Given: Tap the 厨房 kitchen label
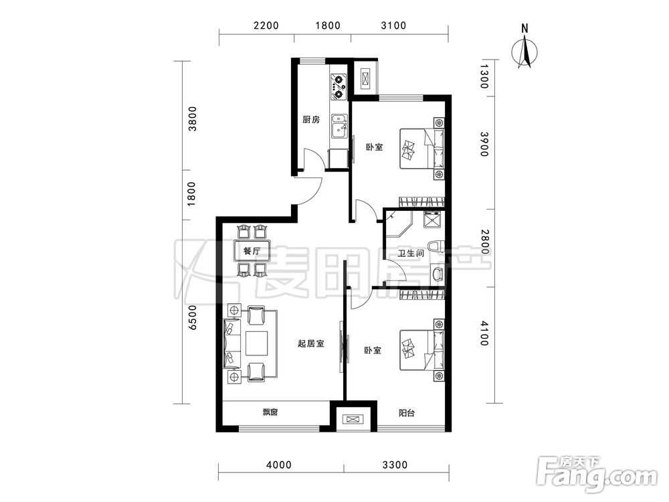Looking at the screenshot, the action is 311,120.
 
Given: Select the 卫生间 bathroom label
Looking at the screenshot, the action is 410,253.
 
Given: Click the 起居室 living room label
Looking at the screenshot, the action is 310,343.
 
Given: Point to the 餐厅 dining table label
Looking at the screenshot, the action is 252,250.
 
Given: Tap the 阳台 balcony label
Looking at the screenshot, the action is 406,413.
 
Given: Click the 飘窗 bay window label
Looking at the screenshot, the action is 270,412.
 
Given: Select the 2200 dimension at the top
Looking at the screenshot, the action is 266,25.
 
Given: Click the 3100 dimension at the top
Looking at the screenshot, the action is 393,25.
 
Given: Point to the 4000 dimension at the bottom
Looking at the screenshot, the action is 278,465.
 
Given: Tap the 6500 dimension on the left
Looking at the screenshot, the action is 193,317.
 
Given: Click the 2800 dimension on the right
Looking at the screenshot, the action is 484,242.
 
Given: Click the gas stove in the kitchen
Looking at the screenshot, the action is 339,86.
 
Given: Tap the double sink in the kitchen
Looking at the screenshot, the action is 340,127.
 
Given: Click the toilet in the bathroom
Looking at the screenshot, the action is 437,248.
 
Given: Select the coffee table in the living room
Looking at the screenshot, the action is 256,343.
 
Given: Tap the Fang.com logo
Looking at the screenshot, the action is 597,475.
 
